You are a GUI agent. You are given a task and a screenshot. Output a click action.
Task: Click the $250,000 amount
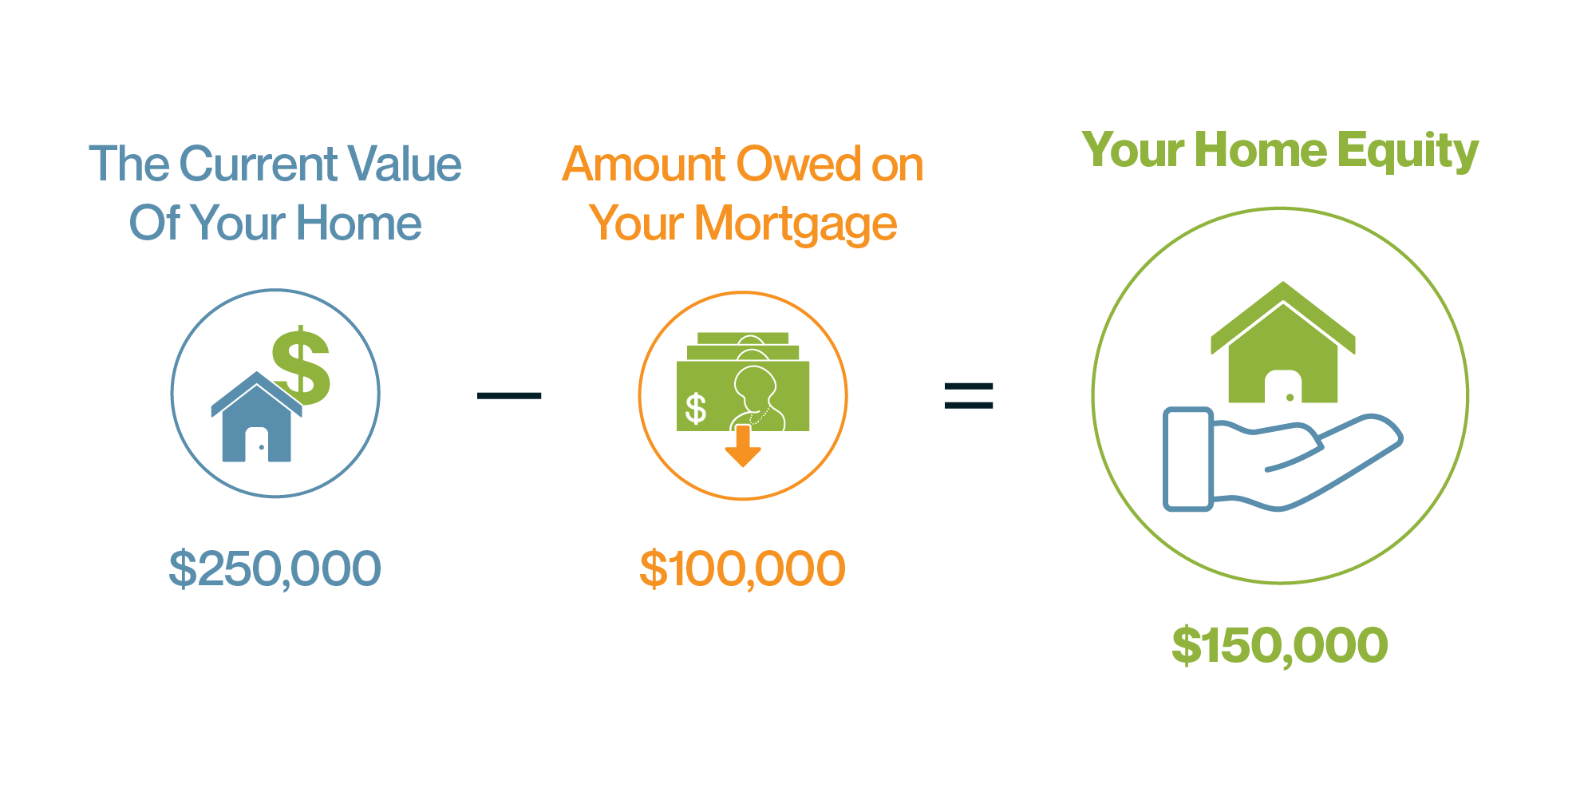(275, 569)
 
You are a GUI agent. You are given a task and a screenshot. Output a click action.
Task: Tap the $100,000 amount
(742, 569)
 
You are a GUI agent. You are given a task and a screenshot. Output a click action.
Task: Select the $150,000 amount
(1279, 645)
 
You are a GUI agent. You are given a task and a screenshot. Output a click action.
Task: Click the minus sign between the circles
(509, 395)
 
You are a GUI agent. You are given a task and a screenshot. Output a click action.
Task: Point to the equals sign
(968, 395)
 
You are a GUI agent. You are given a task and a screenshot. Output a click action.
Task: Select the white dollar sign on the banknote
(696, 408)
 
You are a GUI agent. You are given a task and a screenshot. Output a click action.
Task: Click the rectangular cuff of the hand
(1188, 459)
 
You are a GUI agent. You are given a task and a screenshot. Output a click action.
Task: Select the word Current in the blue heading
(258, 164)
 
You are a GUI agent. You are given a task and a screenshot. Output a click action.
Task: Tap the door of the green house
(1282, 388)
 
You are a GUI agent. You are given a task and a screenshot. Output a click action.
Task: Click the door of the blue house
(256, 445)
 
